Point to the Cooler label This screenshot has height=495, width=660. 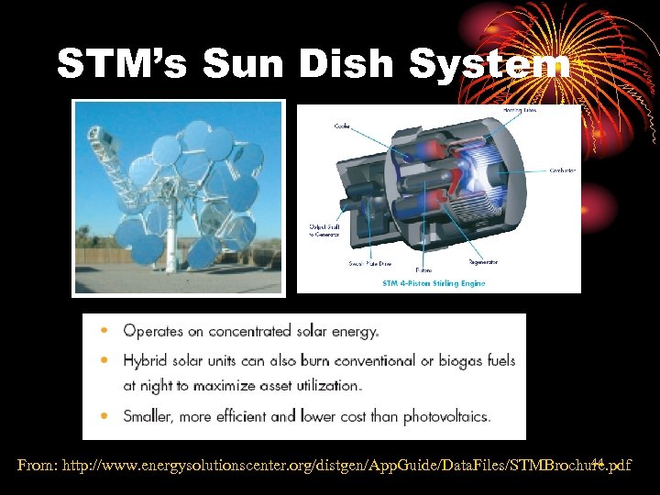(342, 126)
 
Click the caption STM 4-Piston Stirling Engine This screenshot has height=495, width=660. (434, 283)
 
